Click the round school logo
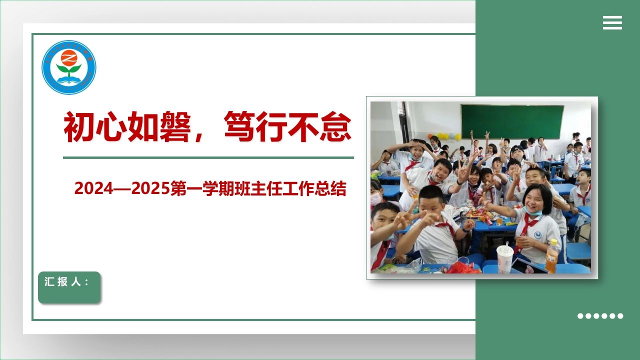(x=68, y=67)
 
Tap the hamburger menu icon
(x=612, y=22)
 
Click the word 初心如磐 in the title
(x=127, y=127)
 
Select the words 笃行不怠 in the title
(x=287, y=127)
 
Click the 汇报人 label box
(x=69, y=287)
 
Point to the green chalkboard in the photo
(x=512, y=121)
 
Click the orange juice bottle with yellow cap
(x=552, y=255)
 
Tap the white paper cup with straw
(x=504, y=258)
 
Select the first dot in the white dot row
(x=580, y=316)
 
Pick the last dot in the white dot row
(x=620, y=316)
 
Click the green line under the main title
(x=208, y=157)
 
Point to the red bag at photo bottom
(x=462, y=268)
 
